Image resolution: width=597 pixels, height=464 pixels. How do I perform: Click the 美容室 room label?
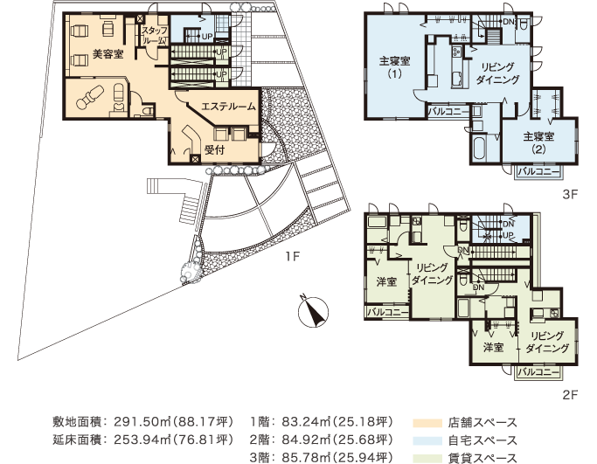pos(108,54)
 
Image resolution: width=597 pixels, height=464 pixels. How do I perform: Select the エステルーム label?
pos(228,106)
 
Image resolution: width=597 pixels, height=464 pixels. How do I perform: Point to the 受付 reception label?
pos(214,149)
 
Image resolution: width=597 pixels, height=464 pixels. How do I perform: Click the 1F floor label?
pos(291,258)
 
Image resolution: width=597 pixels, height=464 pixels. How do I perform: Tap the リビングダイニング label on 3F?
pos(499,73)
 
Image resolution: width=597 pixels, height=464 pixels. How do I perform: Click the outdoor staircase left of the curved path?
pos(189,210)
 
